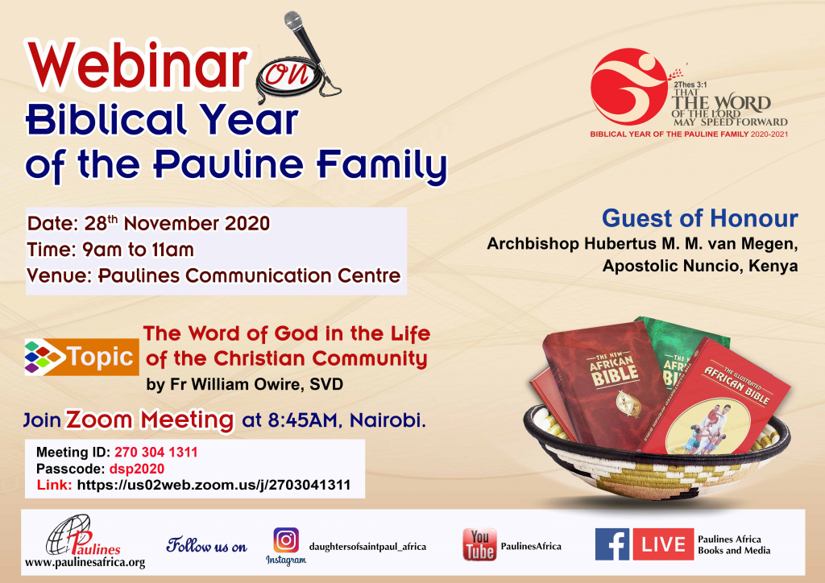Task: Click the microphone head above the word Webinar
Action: (x=293, y=21)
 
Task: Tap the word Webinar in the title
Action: (x=137, y=66)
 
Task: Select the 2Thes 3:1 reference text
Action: (x=690, y=85)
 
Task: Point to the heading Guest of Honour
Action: (x=700, y=218)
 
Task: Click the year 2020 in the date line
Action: (x=247, y=223)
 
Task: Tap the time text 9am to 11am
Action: (x=138, y=250)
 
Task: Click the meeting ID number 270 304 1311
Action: (x=156, y=452)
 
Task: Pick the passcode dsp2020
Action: (x=137, y=469)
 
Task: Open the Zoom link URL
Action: (x=214, y=485)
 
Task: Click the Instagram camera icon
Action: (x=286, y=540)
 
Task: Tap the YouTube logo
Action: (x=479, y=544)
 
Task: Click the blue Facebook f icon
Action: (x=612, y=544)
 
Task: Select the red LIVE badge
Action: (x=663, y=544)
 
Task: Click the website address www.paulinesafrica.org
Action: (x=85, y=563)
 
